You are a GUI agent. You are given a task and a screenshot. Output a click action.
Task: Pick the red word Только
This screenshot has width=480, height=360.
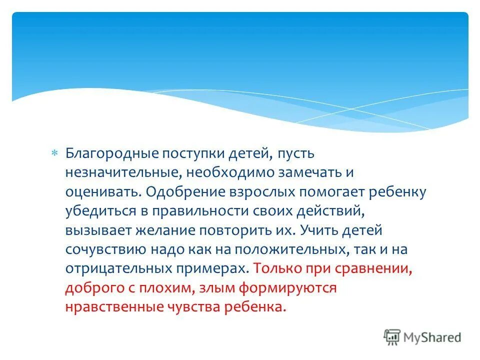coord(274,267)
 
